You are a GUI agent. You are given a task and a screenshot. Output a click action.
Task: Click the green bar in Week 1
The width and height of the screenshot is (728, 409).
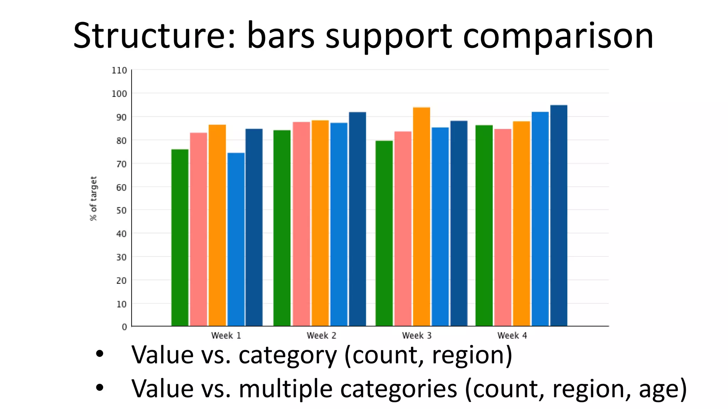pos(180,238)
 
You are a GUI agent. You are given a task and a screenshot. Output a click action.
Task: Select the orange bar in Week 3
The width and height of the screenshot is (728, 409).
pos(421,217)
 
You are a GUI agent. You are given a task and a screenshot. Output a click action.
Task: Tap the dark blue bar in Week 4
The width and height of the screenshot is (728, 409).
pos(558,216)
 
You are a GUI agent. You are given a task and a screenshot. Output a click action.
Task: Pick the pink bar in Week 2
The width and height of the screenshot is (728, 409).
pos(301,224)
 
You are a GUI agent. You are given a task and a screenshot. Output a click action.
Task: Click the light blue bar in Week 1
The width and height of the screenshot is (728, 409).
pos(236,240)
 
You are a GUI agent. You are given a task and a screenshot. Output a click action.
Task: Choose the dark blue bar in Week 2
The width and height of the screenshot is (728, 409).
pos(357,219)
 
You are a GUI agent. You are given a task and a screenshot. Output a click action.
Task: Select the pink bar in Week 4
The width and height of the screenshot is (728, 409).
pos(502,227)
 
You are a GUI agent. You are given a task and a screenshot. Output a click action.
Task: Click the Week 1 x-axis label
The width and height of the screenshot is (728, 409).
pos(226,336)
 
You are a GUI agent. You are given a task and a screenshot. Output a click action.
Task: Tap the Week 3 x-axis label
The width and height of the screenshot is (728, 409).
pos(417,336)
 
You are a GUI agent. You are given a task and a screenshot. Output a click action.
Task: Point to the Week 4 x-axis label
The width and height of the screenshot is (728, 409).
pos(512,336)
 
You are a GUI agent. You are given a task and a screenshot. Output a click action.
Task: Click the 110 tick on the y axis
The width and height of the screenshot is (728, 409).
pos(119,71)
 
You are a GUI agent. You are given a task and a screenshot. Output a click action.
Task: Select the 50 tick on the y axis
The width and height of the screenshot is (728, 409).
pos(121,211)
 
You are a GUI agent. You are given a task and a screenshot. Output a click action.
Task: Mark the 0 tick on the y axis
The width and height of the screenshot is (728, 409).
pos(124,327)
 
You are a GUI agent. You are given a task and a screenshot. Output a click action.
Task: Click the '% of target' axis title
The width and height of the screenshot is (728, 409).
pos(93,198)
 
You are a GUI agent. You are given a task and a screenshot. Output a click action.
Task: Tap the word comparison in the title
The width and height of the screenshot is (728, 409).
pos(558,36)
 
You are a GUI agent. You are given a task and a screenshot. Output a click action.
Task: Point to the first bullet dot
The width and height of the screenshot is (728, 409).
pos(100,354)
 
